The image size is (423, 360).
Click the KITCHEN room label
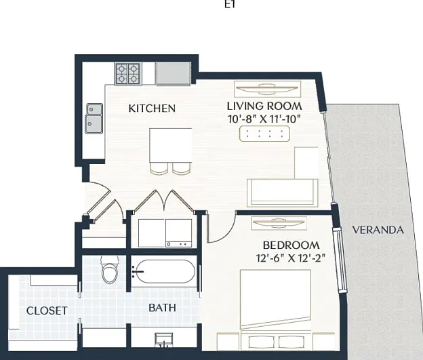click(152, 108)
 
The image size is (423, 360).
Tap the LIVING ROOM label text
click(264, 106)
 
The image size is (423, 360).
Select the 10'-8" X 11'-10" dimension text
click(264, 119)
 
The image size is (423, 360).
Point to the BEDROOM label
click(291, 245)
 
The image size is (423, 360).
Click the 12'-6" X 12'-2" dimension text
click(291, 258)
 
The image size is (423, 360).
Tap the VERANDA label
click(378, 230)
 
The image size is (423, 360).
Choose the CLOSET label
click(47, 311)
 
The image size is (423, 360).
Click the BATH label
click(162, 308)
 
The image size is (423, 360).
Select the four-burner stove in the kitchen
click(128, 73)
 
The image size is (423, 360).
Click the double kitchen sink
click(94, 119)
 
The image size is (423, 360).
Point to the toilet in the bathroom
click(110, 270)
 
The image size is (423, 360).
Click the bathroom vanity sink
click(164, 340)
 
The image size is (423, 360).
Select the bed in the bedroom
click(276, 300)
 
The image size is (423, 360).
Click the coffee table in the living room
click(264, 134)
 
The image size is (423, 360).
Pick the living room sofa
click(283, 193)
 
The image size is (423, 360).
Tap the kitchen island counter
click(171, 146)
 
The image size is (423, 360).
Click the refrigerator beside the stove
click(174, 73)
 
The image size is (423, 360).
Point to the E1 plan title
click(230, 5)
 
